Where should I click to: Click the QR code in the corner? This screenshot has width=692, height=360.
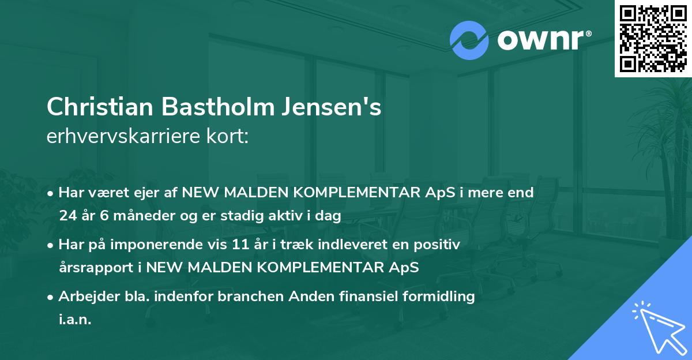coord(653,39)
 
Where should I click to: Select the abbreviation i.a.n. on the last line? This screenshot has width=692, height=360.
coord(75,319)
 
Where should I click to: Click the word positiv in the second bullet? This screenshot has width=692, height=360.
coord(439,245)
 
